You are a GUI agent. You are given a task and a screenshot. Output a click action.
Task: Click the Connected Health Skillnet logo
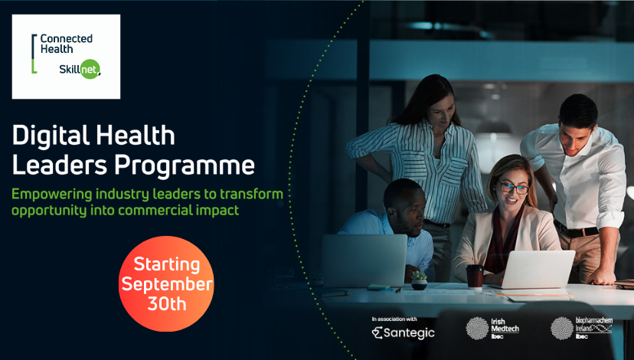tap(66, 57)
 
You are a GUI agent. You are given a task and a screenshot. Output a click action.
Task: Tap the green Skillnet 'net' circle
tap(90, 69)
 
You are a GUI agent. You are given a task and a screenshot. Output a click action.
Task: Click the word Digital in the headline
tap(51, 136)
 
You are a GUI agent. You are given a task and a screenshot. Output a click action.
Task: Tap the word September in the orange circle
tap(167, 284)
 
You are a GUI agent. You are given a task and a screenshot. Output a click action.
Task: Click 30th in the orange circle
tap(167, 303)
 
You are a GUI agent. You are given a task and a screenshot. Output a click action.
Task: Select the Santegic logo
tap(403, 333)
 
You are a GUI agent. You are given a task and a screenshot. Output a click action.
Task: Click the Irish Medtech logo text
tap(505, 328)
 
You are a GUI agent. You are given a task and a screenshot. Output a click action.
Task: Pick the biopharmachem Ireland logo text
tap(593, 328)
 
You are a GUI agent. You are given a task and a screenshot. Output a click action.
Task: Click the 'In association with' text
tap(394, 319)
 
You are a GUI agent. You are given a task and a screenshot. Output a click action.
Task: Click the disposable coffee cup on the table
tap(475, 277)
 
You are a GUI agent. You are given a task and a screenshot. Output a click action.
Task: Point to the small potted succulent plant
tap(419, 280)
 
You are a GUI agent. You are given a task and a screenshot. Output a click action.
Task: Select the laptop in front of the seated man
tap(364, 260)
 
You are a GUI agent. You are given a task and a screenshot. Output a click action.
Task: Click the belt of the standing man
tap(576, 230)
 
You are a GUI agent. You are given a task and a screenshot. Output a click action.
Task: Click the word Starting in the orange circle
tap(167, 265)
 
